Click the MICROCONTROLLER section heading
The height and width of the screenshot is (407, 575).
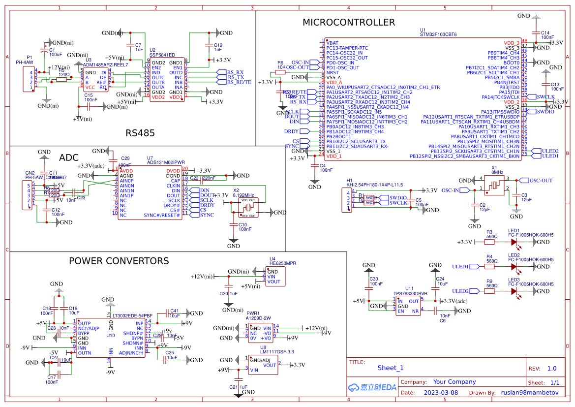pos(348,22)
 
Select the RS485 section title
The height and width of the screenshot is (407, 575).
pos(140,133)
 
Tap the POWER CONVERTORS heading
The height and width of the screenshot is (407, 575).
pos(119,261)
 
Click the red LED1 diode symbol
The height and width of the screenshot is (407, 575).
pos(514,242)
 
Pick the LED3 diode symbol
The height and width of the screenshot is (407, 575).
pos(514,291)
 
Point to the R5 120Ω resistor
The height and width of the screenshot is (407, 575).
pos(61,79)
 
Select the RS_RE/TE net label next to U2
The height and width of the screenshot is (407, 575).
pos(239,82)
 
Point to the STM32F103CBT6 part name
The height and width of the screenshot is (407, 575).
pos(438,35)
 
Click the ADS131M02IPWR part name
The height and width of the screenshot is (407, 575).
pos(166,162)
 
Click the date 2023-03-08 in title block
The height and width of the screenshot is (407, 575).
pos(440,393)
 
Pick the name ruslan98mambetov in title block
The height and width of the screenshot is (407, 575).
pos(530,393)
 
